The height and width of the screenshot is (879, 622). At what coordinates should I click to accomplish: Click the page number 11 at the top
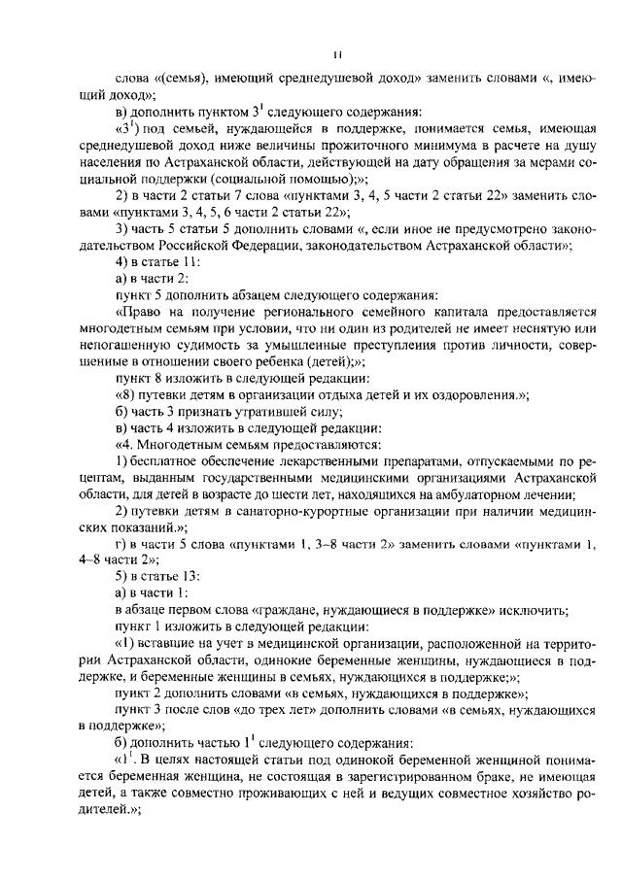pos(334,54)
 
